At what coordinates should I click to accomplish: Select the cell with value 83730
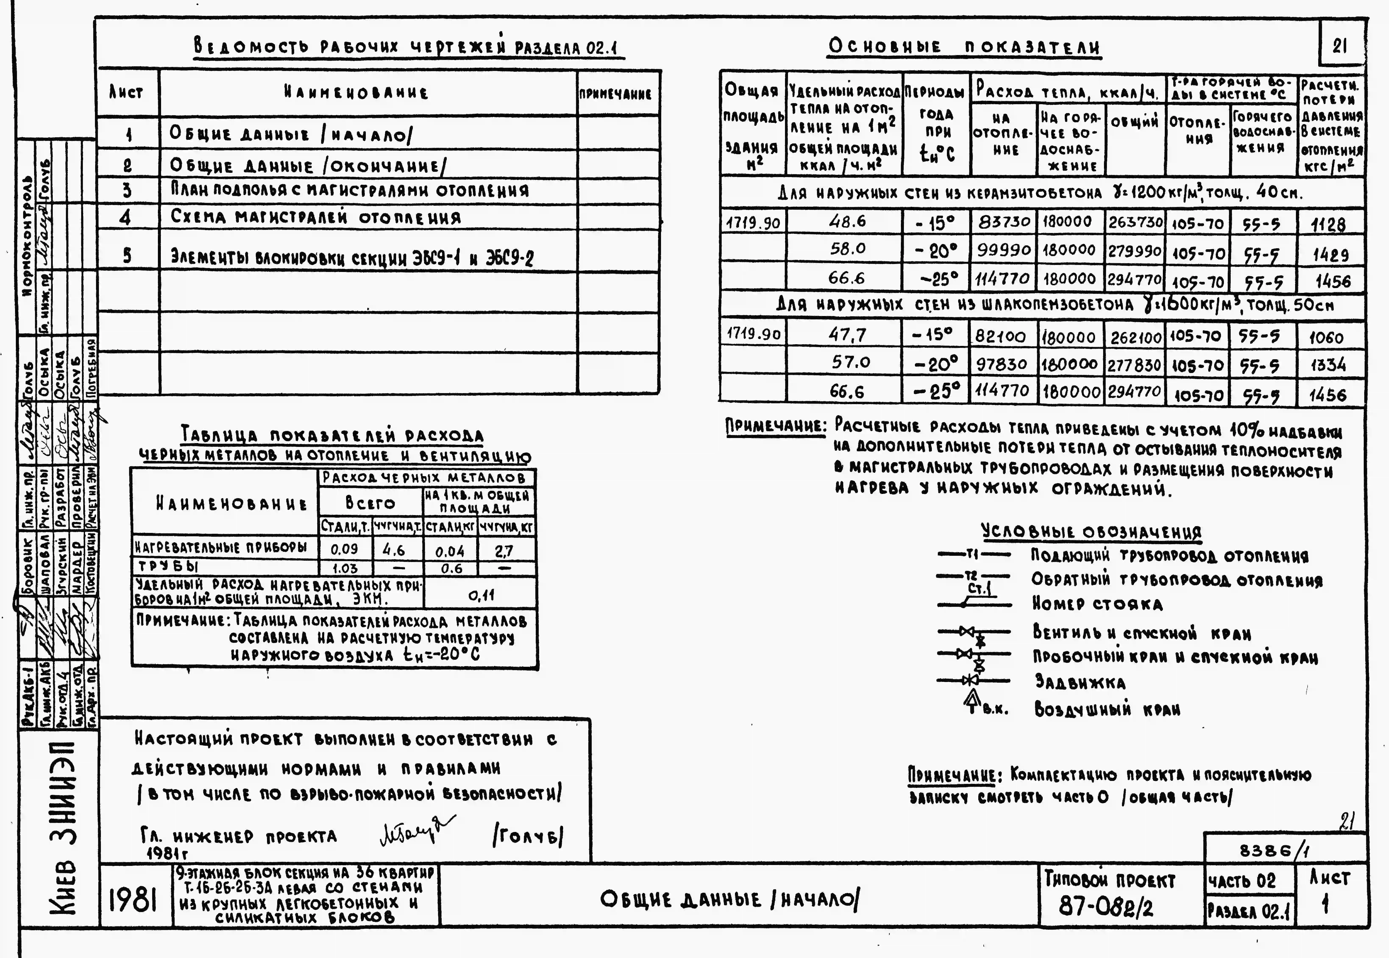(x=1004, y=222)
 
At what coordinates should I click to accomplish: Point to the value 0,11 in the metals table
(x=480, y=595)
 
